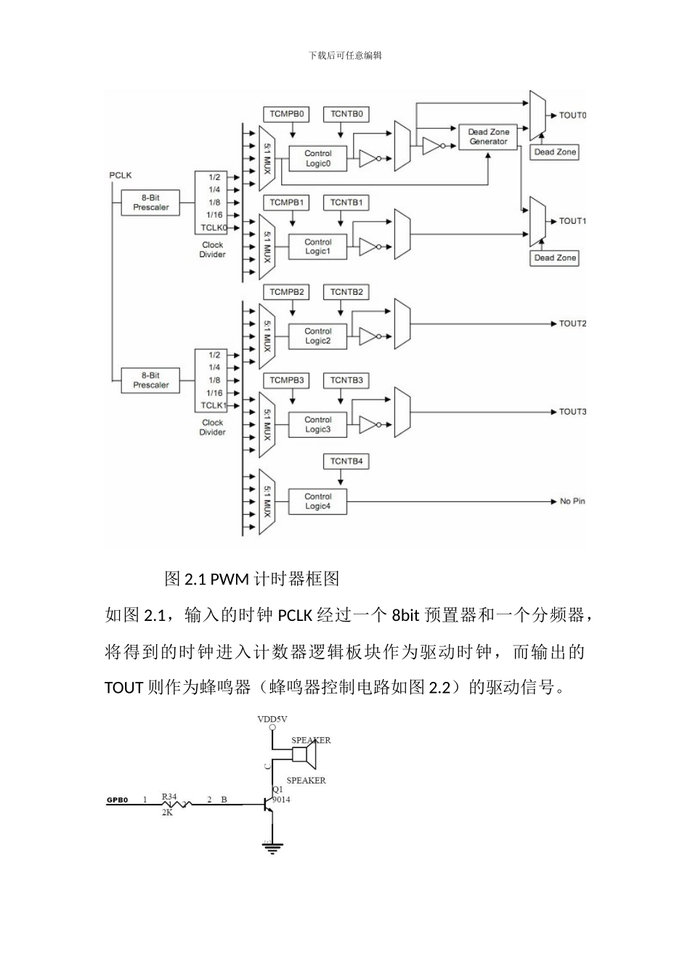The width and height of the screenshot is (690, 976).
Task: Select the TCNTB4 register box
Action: pyautogui.click(x=346, y=461)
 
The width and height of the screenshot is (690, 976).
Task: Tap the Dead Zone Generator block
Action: pyautogui.click(x=488, y=137)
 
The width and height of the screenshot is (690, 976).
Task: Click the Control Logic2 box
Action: pyautogui.click(x=317, y=336)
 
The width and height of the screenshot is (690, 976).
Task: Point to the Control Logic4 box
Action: pyautogui.click(x=317, y=502)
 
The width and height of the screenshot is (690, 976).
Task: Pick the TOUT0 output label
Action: pyautogui.click(x=572, y=115)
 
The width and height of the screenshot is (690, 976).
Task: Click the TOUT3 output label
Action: pyautogui.click(x=572, y=412)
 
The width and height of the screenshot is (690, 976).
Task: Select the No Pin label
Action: pyautogui.click(x=572, y=502)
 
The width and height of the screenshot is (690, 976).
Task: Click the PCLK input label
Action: pyautogui.click(x=121, y=176)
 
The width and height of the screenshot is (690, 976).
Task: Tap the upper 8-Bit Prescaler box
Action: pyautogui.click(x=150, y=203)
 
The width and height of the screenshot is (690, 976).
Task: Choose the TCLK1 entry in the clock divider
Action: pyautogui.click(x=214, y=405)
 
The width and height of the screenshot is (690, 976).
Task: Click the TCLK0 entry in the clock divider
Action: pyautogui.click(x=214, y=227)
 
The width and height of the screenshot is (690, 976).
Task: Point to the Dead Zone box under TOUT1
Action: pyautogui.click(x=555, y=258)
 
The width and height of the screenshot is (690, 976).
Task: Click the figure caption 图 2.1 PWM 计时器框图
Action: pyautogui.click(x=252, y=579)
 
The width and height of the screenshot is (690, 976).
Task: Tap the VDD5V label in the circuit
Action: pyautogui.click(x=272, y=719)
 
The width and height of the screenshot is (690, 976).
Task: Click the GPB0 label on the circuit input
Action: pyautogui.click(x=118, y=800)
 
